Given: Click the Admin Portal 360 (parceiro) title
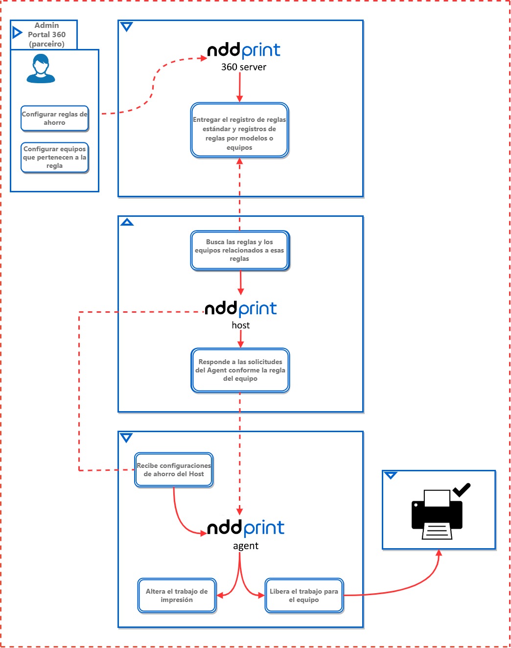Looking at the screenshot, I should pyautogui.click(x=46, y=35).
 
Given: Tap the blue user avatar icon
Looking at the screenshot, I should pyautogui.click(x=41, y=69).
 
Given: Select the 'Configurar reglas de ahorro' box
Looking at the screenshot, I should pyautogui.click(x=54, y=118).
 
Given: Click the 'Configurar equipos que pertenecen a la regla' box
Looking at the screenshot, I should pyautogui.click(x=54, y=157).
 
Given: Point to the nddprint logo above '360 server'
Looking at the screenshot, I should pyautogui.click(x=243, y=50).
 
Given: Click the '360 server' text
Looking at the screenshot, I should pyautogui.click(x=243, y=67).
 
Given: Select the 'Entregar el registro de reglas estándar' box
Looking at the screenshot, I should pyautogui.click(x=239, y=130).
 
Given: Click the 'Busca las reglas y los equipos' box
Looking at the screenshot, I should pyautogui.click(x=239, y=250).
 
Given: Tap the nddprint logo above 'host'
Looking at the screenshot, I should pyautogui.click(x=240, y=309).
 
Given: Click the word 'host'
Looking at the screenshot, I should pyautogui.click(x=240, y=325).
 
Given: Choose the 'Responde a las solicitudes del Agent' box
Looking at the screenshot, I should pyautogui.click(x=240, y=370).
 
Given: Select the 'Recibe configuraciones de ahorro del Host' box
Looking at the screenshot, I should pyautogui.click(x=174, y=470).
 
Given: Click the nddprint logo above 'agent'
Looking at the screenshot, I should pyautogui.click(x=245, y=528).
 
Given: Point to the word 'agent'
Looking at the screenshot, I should pyautogui.click(x=245, y=546).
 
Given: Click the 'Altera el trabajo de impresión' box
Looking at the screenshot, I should pyautogui.click(x=177, y=596).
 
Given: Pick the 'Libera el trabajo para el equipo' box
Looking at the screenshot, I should pyautogui.click(x=303, y=596).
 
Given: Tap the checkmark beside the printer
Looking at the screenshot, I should pyautogui.click(x=461, y=489).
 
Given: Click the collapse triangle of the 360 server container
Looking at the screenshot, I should pyautogui.click(x=127, y=27).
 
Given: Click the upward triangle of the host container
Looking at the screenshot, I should pyautogui.click(x=127, y=222).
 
